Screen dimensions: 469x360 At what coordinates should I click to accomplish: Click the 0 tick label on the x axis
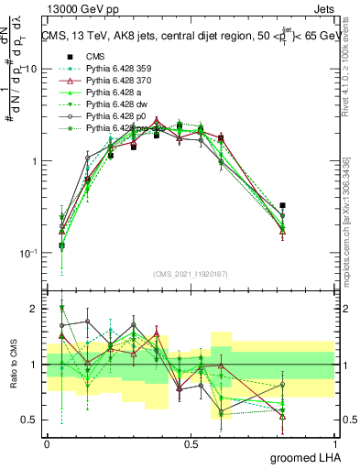pyautogui.click(x=47, y=443)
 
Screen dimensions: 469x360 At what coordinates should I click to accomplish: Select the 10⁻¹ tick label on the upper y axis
pyautogui.click(x=28, y=254)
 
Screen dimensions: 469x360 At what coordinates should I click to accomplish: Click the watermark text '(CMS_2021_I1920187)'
pyautogui.click(x=190, y=274)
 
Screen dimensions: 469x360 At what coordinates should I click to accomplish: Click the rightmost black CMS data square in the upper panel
pyautogui.click(x=282, y=206)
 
